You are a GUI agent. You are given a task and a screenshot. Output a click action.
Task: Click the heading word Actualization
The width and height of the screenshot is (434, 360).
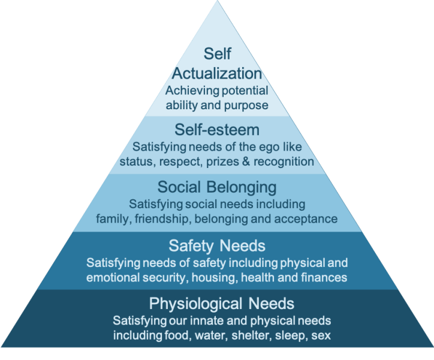coord(217,73)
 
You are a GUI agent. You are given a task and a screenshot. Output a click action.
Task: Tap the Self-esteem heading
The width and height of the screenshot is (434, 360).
coord(217,130)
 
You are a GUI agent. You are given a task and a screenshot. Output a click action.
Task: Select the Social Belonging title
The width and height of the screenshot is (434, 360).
coord(217,187)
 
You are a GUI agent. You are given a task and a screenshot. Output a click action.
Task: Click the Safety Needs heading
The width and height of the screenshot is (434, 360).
coord(217,246)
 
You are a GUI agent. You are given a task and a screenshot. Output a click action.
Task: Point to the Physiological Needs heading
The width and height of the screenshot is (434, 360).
coord(221,304)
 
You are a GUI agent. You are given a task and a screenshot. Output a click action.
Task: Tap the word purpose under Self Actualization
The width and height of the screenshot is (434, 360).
coord(246,106)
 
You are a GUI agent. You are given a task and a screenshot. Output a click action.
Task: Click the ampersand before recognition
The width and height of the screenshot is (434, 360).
coord(246,161)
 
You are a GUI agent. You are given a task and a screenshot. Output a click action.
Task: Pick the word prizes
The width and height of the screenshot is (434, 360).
coord(222,162)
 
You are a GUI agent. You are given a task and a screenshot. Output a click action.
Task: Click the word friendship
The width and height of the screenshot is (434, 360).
coord(162,219)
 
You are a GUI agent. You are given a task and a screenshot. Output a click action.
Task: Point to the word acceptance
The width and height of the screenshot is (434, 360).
coord(306,220)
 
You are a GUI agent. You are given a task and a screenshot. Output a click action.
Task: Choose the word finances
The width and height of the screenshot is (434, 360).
coord(324,277)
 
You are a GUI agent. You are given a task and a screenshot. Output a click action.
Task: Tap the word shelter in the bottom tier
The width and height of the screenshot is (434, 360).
coord(251,335)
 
